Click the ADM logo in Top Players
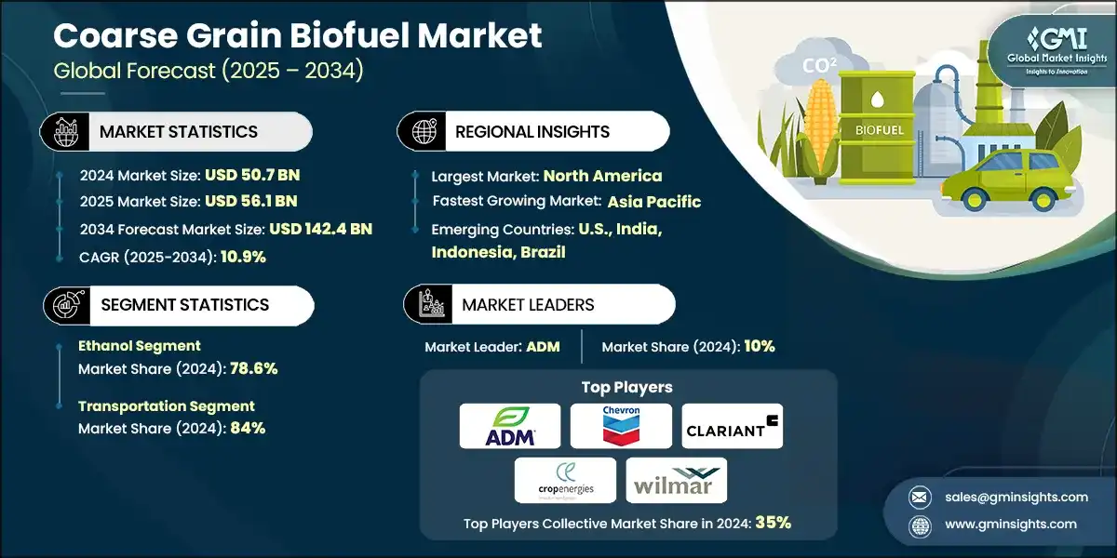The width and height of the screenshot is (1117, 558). (510, 426)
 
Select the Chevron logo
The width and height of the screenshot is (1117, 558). (621, 426)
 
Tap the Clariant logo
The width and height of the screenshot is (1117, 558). (733, 426)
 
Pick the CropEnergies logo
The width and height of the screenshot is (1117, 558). (565, 480)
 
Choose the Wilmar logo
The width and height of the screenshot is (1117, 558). (676, 480)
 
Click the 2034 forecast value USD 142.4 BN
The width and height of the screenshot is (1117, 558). (320, 229)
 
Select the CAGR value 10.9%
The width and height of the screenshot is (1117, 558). (242, 256)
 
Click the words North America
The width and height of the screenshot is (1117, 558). (602, 175)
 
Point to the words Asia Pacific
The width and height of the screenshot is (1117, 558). (654, 202)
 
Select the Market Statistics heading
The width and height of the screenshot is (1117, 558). (178, 132)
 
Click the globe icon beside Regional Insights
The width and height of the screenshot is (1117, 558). (424, 132)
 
